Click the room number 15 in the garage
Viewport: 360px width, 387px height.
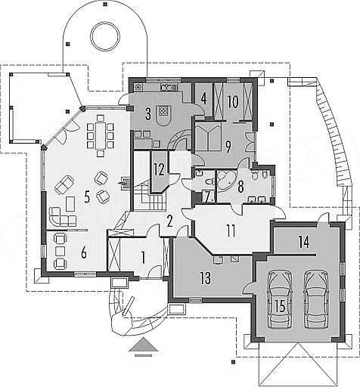[280, 306]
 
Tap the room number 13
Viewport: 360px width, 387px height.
[206, 278]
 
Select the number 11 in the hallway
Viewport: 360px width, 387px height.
[231, 231]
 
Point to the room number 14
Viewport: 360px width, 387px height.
[304, 243]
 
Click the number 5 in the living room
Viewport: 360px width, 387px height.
[87, 197]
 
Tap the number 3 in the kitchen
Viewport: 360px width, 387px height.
[148, 113]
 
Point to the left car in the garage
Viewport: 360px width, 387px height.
[280, 299]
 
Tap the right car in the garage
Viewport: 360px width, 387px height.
[317, 299]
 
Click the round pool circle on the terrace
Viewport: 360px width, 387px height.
[106, 36]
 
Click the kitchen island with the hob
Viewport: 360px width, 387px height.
[164, 116]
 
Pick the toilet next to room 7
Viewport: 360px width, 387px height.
[209, 181]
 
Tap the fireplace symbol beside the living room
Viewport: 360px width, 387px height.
[125, 181]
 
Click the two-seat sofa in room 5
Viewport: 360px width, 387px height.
[64, 184]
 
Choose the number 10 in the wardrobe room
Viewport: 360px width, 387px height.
[233, 102]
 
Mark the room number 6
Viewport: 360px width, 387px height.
[84, 253]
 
